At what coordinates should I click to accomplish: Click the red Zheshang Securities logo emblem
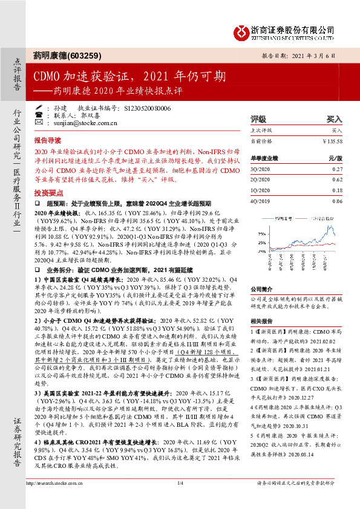tap(240, 30)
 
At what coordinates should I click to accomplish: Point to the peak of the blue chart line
tap(328, 225)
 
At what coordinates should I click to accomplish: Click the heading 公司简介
tap(262, 290)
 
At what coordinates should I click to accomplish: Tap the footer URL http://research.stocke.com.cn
tap(54, 500)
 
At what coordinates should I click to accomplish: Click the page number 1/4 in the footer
tap(180, 500)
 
